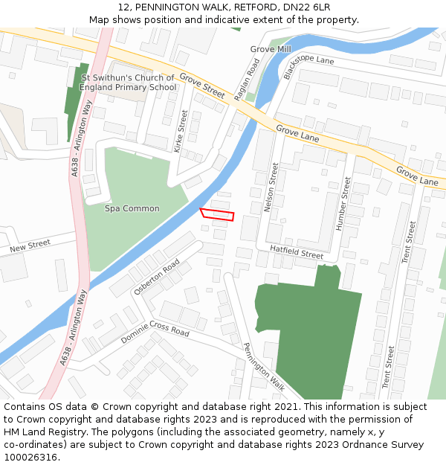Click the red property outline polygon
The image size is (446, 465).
[x=217, y=215]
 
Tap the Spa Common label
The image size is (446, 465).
[x=132, y=208]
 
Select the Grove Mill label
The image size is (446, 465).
[x=271, y=49]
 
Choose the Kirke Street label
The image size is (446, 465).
[x=181, y=131]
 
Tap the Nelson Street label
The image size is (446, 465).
[x=271, y=187]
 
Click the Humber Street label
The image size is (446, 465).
[x=343, y=202]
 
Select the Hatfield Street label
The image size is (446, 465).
[x=297, y=253]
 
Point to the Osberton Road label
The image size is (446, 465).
[x=157, y=277]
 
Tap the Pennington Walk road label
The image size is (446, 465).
[x=265, y=366]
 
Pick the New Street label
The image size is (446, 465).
[x=30, y=245]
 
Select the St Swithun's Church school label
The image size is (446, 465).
[x=128, y=82]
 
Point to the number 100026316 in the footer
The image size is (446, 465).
[x=31, y=457]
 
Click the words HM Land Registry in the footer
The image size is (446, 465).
[x=42, y=432]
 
